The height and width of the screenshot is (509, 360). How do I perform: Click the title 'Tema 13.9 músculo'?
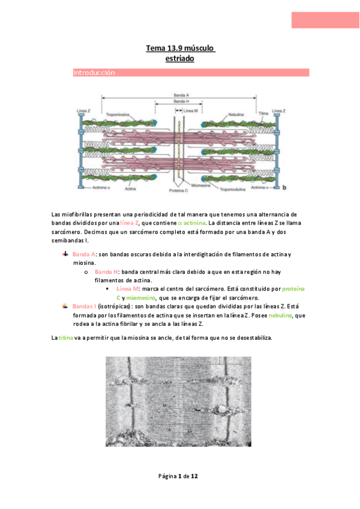click(181, 48)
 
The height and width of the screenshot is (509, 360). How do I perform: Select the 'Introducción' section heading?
click(94, 73)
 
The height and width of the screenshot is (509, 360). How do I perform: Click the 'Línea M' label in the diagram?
click(191, 111)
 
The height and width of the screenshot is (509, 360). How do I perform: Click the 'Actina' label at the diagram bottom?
click(130, 188)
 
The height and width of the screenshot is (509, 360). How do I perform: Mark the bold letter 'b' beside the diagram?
click(284, 188)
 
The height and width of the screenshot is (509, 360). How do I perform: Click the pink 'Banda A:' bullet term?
click(84, 254)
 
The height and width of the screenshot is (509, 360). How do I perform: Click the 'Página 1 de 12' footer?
click(178, 476)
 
